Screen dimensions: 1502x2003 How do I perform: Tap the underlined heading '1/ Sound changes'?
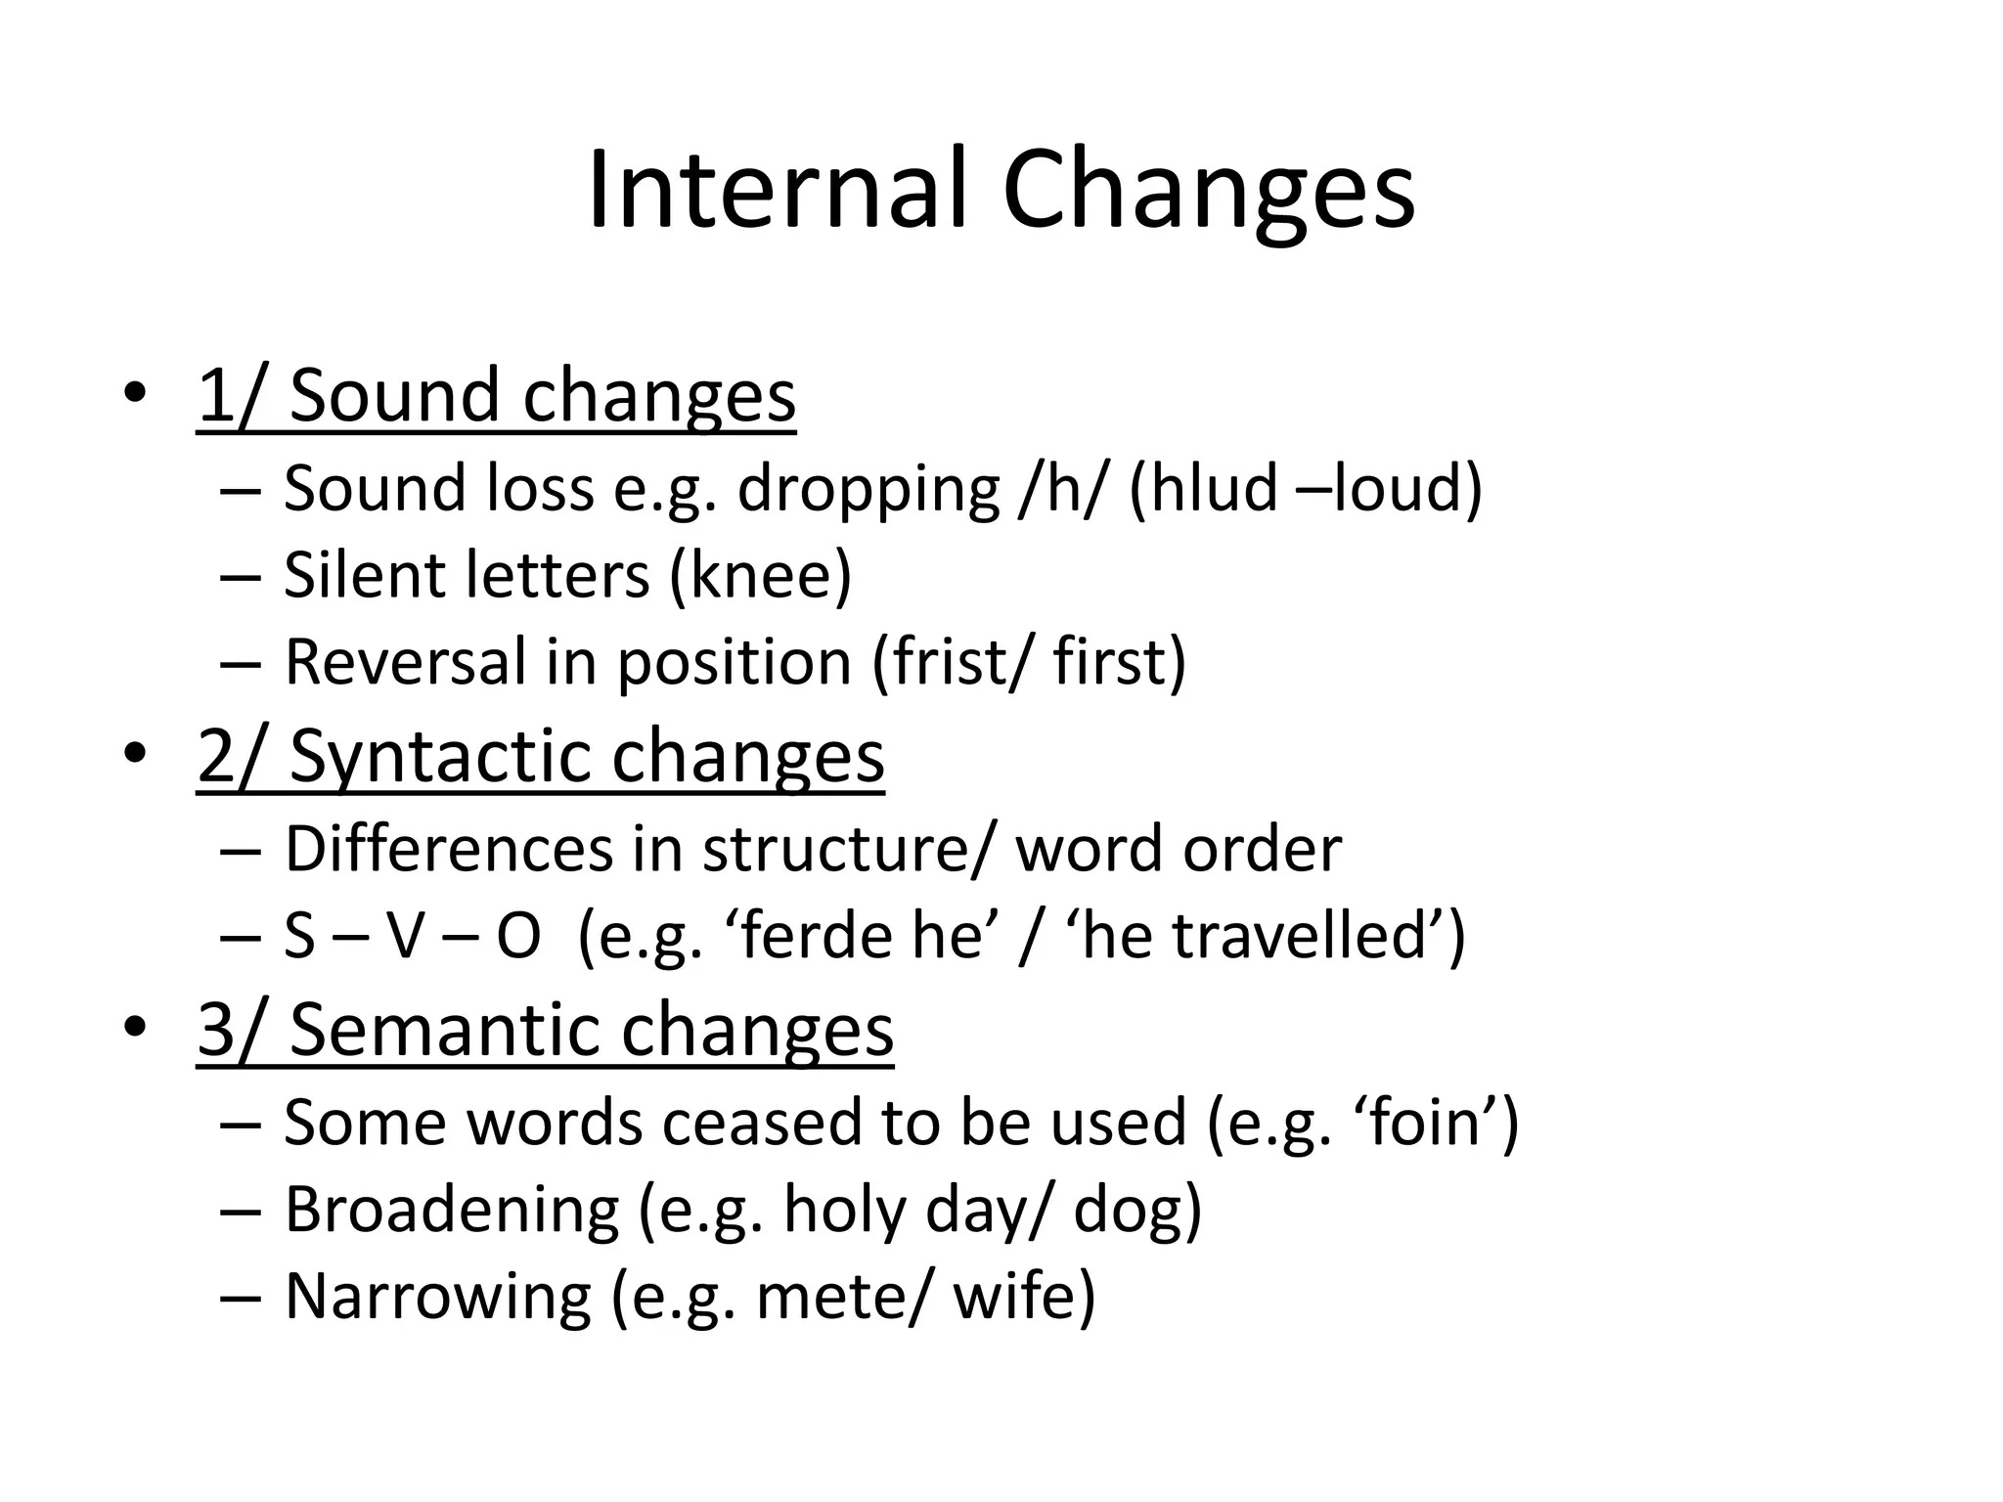pos(496,395)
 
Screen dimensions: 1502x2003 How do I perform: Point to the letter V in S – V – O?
pos(405,936)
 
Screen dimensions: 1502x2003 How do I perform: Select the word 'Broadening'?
pos(451,1210)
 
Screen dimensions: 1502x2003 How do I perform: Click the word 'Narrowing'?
pos(437,1297)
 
